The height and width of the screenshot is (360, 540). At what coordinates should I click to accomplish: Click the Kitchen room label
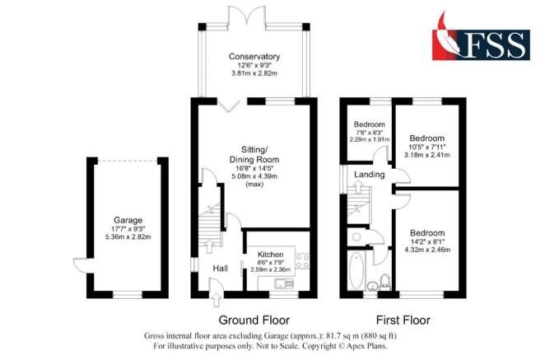(x=271, y=255)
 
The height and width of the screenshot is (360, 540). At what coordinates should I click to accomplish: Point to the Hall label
(x=221, y=269)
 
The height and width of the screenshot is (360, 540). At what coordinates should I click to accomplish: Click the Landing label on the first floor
(x=366, y=175)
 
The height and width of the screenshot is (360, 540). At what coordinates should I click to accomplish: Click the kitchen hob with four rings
(x=300, y=263)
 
